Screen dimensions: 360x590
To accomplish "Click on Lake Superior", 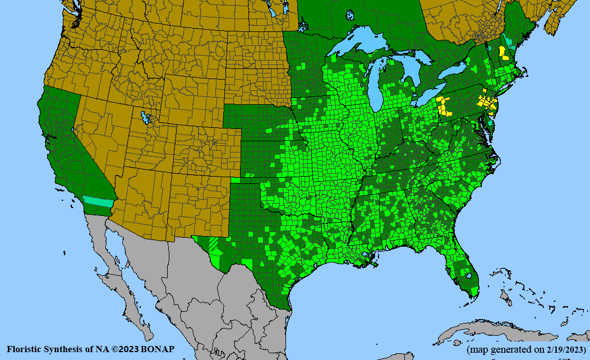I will tap(359, 45).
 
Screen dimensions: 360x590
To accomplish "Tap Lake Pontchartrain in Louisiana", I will tap(368, 256).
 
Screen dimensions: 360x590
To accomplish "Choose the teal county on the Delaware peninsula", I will tap(492, 121).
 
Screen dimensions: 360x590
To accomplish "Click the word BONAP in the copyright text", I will tap(158, 349).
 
